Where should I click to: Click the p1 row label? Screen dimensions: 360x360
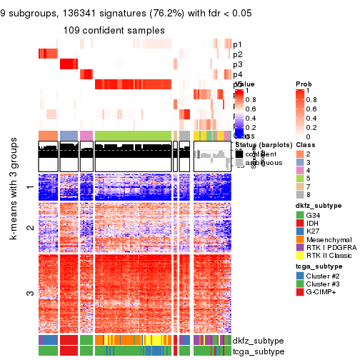pyautogui.click(x=237, y=44)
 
